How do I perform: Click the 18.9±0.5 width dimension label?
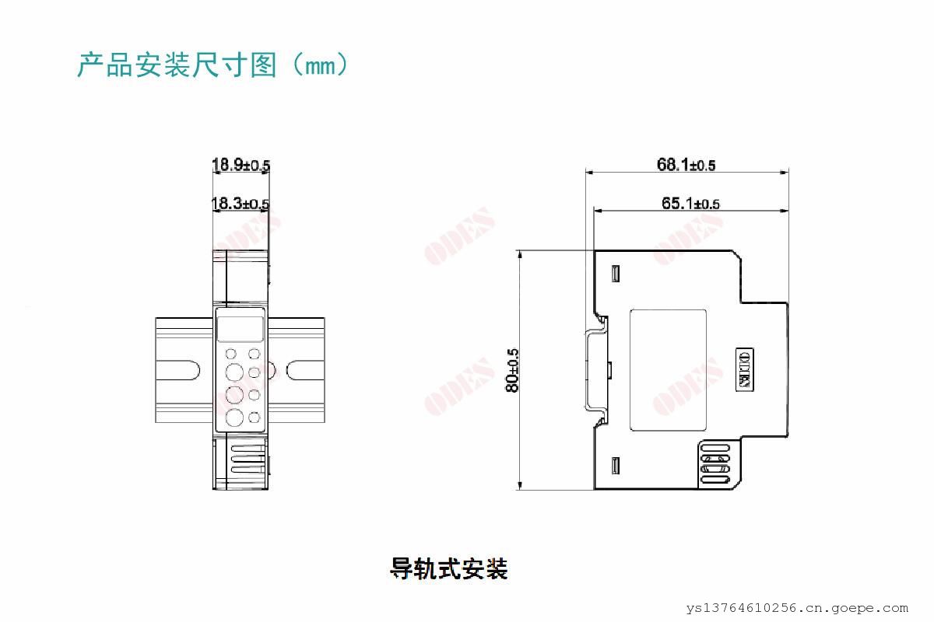pos(241,165)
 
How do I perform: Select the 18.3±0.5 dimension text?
pos(241,204)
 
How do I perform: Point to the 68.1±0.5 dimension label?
pos(686,165)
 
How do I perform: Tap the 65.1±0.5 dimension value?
pos(690,204)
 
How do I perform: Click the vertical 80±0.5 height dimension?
pos(512,370)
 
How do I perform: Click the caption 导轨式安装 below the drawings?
pos(449,568)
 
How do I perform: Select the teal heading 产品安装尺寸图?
pos(177,65)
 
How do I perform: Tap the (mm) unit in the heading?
pos(320,65)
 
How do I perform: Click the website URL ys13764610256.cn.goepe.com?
pos(797,608)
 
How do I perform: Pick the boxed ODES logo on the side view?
pos(744,369)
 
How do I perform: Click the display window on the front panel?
pos(241,329)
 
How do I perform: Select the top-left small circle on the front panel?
pos(230,354)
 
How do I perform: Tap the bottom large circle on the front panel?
pos(234,418)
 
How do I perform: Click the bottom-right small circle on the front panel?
pos(254,418)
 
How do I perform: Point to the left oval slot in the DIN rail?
pos(178,370)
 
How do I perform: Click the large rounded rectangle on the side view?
pos(668,370)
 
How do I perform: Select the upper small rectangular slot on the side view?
pos(615,274)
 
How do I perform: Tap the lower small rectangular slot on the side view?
pos(615,466)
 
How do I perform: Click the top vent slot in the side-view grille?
pos(715,449)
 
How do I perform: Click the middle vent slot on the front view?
pos(248,459)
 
